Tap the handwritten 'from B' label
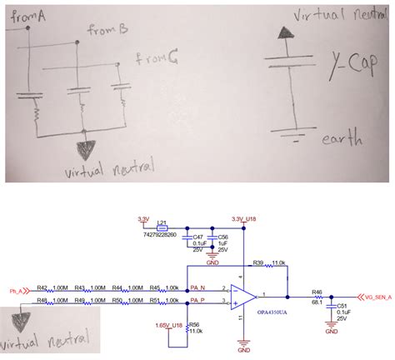[107, 31]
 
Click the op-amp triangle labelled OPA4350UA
[242, 294]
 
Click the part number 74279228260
[159, 236]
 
